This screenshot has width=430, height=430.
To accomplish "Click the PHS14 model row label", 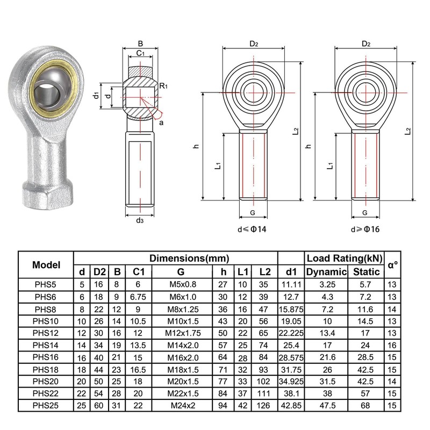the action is point(46,345).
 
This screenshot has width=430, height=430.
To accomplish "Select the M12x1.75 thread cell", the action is point(183,333).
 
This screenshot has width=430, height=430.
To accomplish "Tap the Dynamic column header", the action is point(326,272).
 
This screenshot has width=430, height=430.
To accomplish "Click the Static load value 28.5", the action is point(365,357).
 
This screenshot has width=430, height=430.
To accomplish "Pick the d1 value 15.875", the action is point(291,310).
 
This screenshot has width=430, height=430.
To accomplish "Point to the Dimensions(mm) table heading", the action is point(189,258).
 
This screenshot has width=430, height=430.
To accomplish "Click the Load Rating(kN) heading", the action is point(345,258).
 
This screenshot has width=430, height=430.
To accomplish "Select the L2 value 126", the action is point(263,405).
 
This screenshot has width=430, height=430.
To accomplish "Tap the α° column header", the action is point(393,265).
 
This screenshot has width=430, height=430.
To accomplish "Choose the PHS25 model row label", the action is point(46,405).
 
